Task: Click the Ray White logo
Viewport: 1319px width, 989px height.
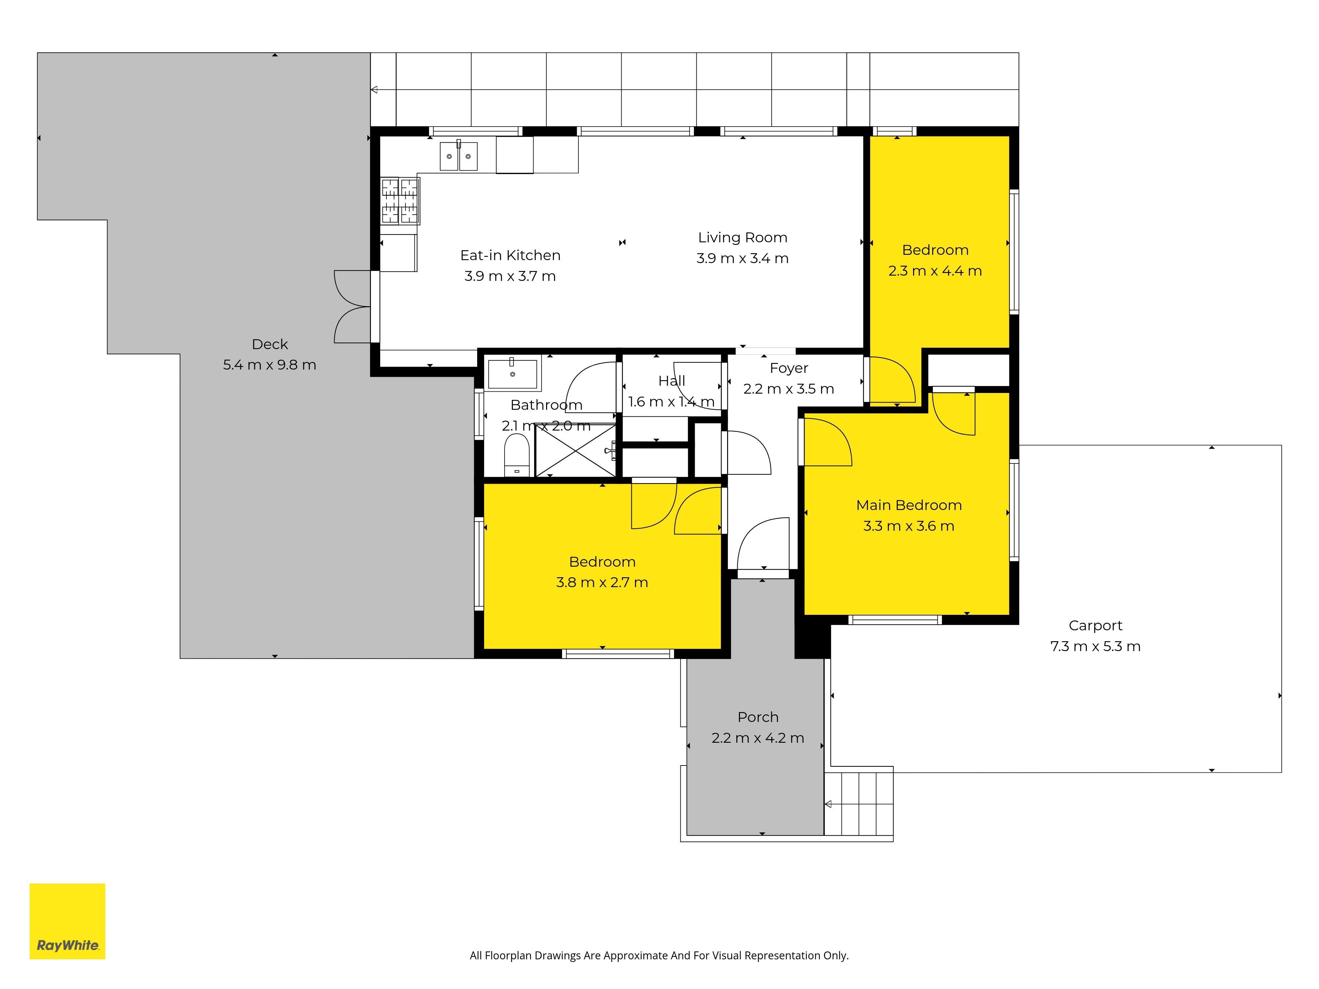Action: (67, 921)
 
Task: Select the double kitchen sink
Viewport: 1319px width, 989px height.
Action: (459, 156)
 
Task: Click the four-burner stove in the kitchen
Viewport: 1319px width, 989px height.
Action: (400, 201)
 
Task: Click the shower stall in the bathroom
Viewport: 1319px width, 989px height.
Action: (575, 450)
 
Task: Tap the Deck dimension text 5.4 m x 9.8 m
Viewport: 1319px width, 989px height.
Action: (269, 365)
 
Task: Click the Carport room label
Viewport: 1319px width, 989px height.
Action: (1095, 625)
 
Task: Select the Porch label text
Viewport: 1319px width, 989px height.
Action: (758, 717)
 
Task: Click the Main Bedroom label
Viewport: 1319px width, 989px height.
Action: (909, 505)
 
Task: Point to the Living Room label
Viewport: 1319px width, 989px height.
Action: (742, 237)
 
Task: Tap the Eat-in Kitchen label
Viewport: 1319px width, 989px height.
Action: (510, 255)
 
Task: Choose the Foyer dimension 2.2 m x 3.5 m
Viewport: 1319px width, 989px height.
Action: (788, 389)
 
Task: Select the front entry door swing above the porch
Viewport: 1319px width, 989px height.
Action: (763, 543)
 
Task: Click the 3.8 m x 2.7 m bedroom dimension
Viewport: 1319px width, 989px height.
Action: (602, 583)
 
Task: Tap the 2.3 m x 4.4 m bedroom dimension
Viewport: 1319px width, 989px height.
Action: (935, 271)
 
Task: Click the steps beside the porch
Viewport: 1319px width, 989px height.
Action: (859, 804)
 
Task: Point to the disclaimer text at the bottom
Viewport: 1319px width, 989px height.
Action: (659, 956)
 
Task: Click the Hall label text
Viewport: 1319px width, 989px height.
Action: (671, 381)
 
